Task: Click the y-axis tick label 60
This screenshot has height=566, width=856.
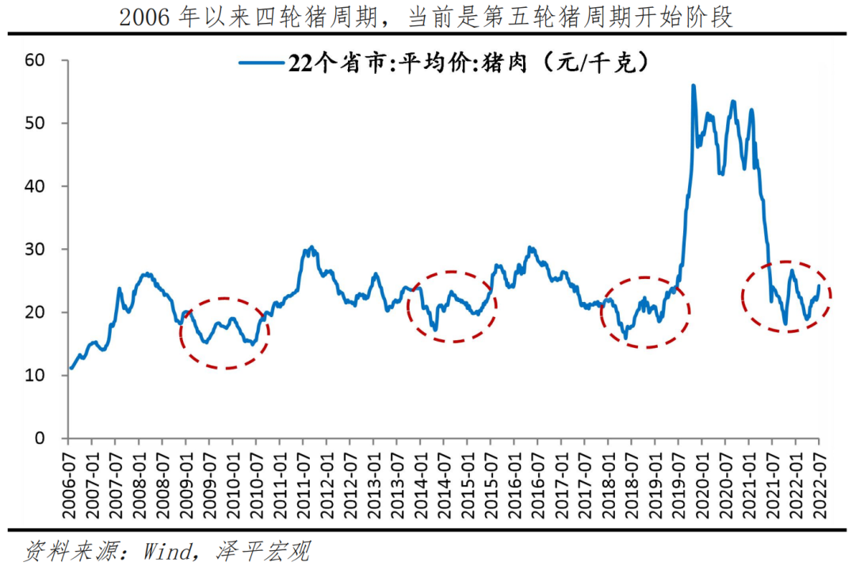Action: tap(36, 60)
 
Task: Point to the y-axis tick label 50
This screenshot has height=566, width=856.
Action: tap(36, 123)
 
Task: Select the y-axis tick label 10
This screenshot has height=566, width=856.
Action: tap(36, 375)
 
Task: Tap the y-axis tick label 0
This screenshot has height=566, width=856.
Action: tap(40, 438)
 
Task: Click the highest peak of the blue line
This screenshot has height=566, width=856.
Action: tap(694, 86)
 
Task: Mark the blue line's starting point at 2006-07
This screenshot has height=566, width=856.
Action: tap(71, 369)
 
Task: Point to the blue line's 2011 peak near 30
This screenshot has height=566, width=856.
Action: tap(311, 247)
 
